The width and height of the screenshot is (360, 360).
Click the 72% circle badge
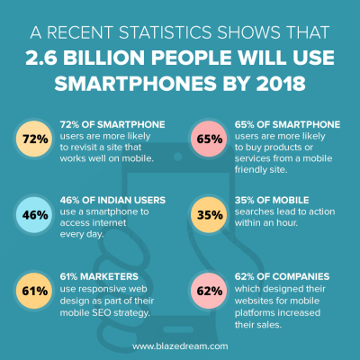pos(33,140)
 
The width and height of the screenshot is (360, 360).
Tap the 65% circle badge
pos(209,140)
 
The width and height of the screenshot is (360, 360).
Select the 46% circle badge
pos(33,216)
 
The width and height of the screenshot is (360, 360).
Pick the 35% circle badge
pos(209,216)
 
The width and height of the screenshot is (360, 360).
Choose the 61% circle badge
pos(33,291)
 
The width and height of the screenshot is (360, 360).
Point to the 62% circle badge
pos(209,291)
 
